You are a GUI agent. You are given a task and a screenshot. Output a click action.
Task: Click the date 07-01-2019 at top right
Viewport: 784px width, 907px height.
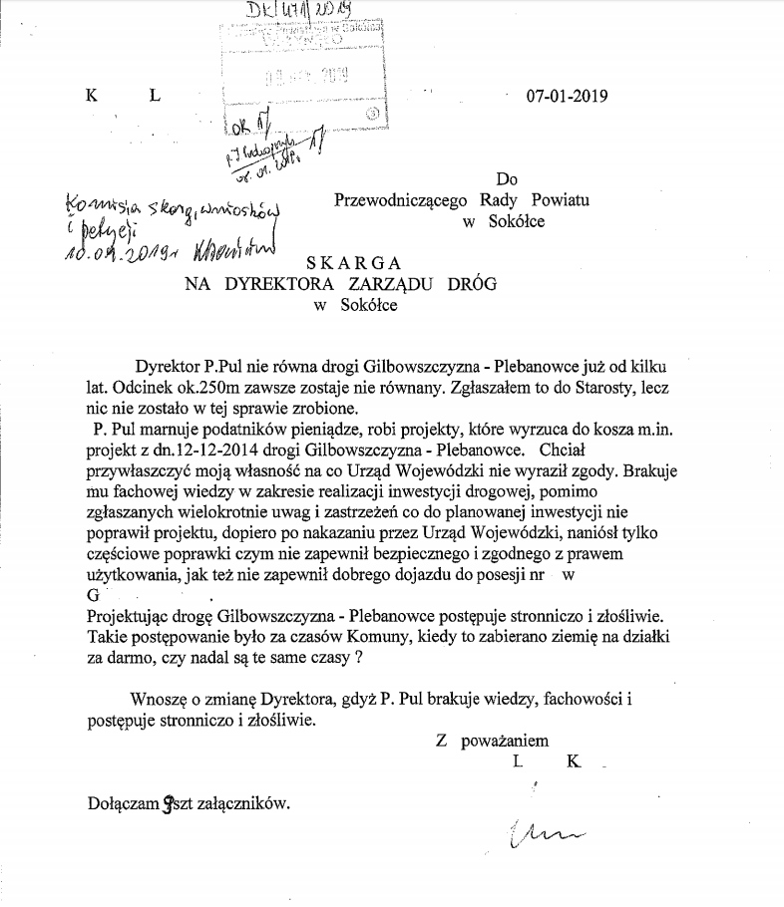567,97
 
